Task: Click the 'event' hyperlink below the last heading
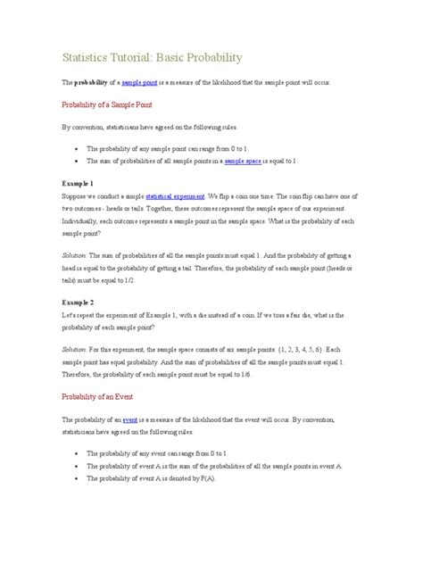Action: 154,419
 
